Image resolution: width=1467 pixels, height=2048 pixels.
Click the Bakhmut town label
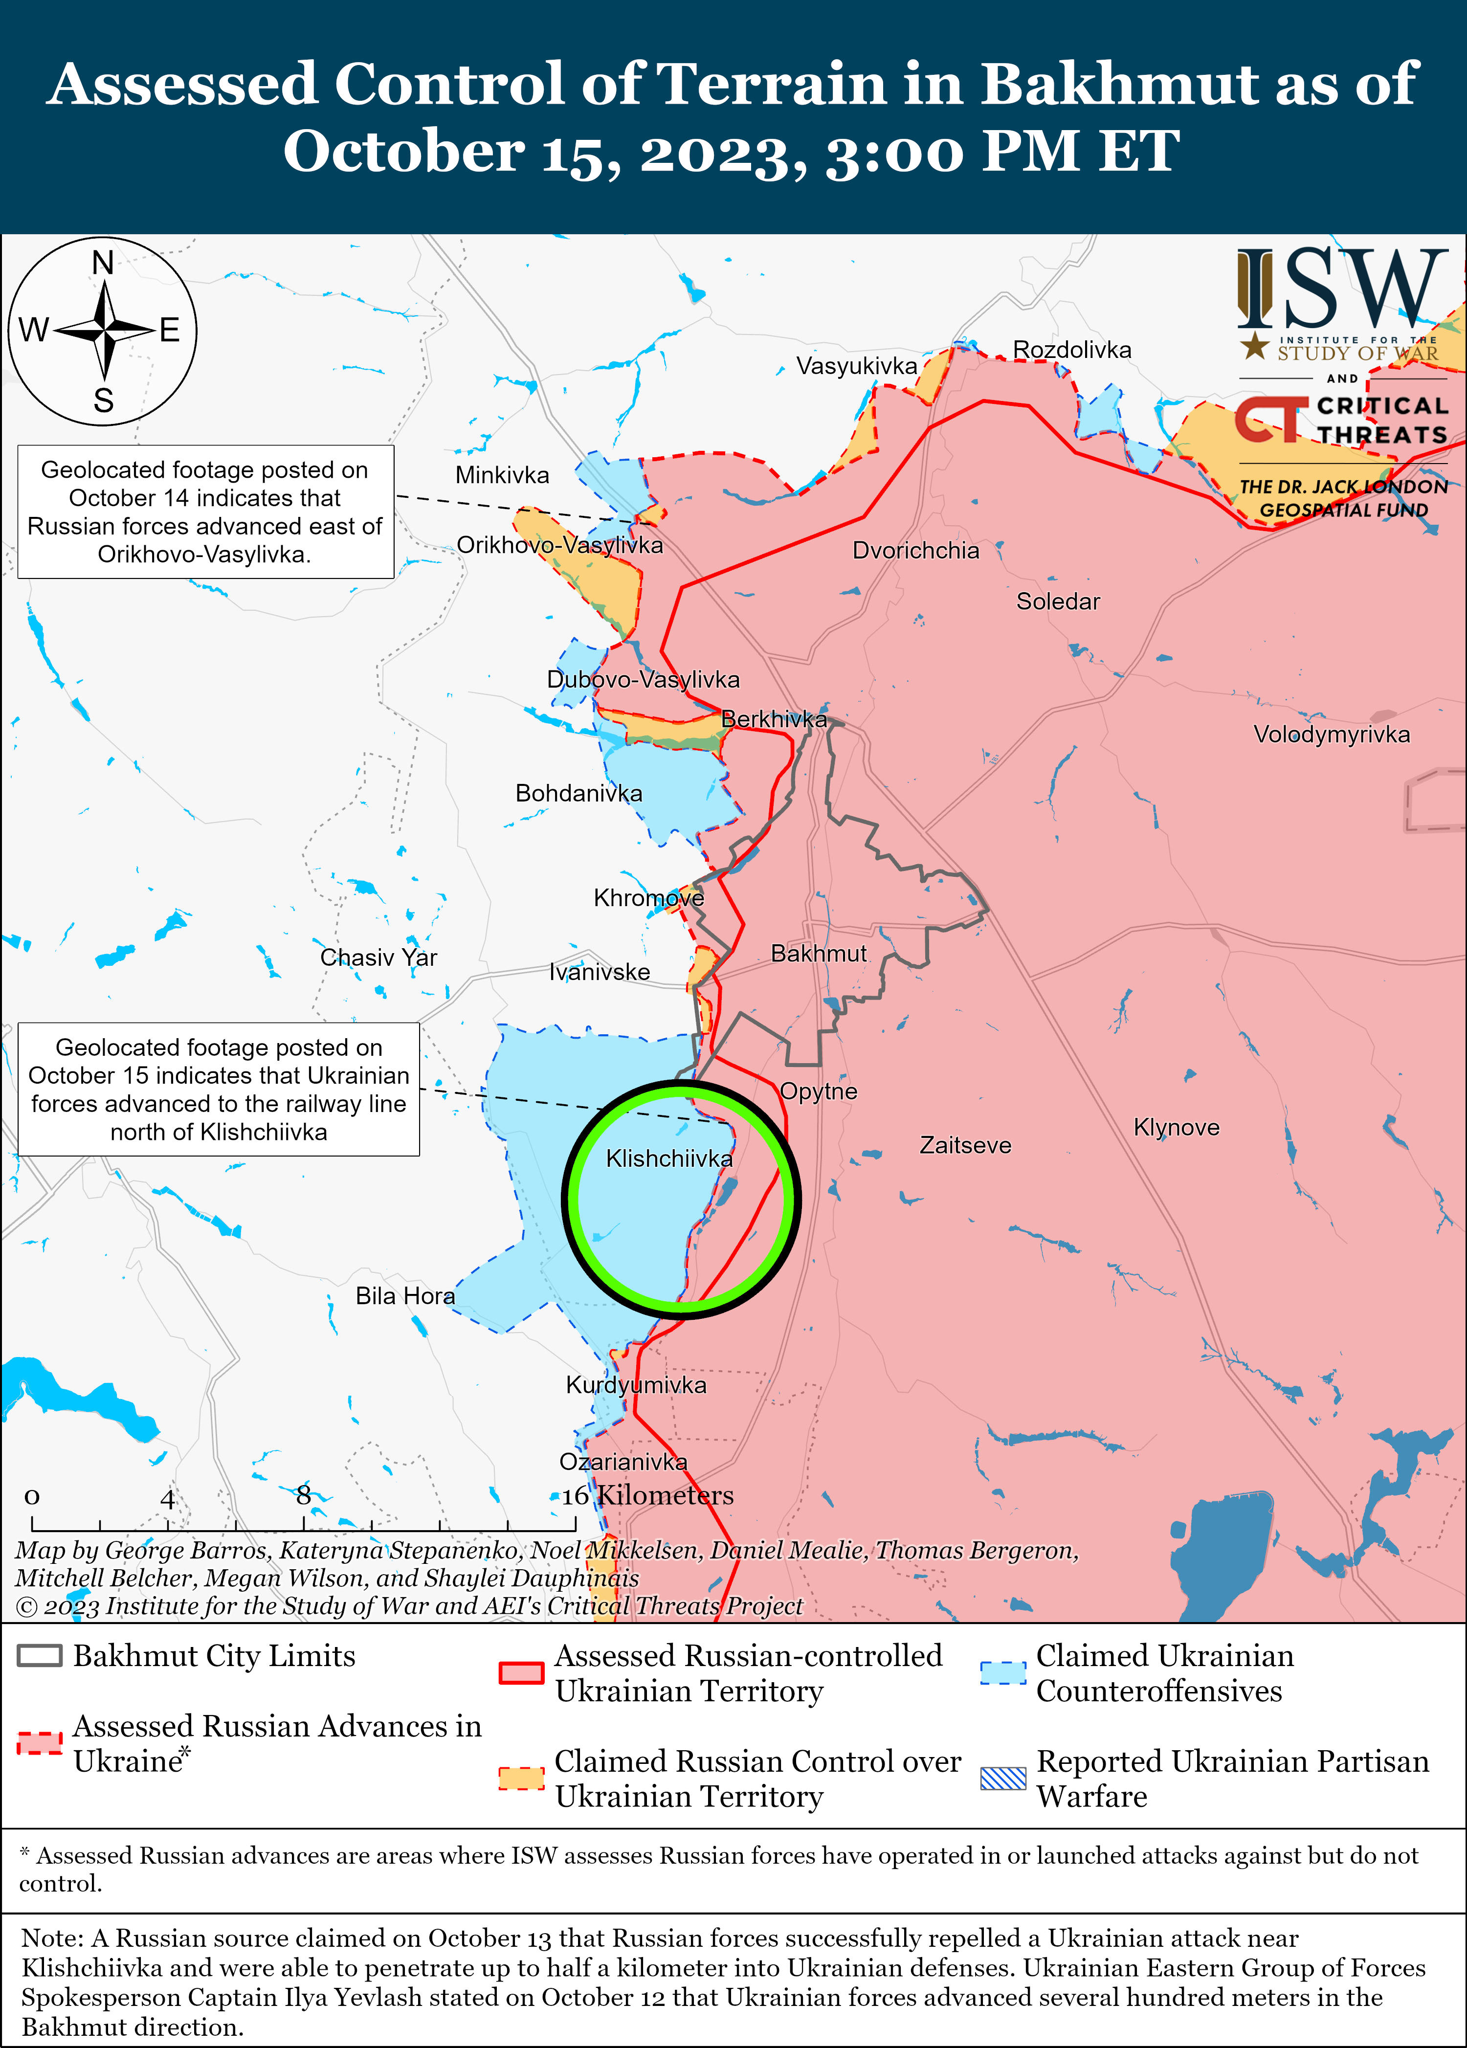(x=818, y=954)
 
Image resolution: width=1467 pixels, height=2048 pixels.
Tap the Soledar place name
(x=1058, y=601)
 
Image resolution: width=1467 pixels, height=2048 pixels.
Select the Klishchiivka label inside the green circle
(x=669, y=1158)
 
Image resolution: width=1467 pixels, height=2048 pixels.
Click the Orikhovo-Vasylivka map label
(x=560, y=545)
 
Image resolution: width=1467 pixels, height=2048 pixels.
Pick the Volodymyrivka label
(x=1332, y=734)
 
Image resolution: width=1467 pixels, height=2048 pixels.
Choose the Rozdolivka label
(x=1071, y=350)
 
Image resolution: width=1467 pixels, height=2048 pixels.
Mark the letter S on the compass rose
(x=104, y=400)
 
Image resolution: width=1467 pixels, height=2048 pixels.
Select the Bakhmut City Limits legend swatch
(x=40, y=1655)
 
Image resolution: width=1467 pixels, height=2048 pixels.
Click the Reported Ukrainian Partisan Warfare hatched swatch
(x=1003, y=1778)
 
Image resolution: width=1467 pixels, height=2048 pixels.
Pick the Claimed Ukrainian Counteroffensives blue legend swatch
(x=1003, y=1673)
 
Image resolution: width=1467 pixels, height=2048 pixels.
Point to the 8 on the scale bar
(x=303, y=1495)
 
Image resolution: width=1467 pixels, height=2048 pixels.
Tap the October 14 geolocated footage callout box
(x=205, y=512)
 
